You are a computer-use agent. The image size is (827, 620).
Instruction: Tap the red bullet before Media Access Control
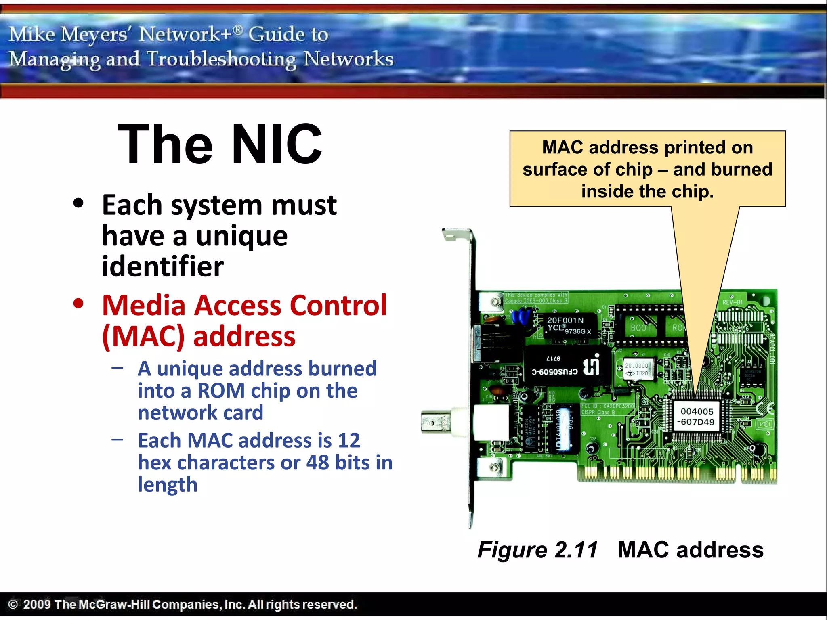78,304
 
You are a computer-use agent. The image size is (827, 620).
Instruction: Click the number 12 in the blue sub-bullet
349,440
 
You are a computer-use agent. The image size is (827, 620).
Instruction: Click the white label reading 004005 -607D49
697,417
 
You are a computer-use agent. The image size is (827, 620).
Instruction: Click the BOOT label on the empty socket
641,328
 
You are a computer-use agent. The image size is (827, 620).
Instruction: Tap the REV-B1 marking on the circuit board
733,302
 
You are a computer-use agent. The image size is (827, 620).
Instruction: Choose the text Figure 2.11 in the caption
537,550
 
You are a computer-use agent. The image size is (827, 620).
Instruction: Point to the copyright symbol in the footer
13,604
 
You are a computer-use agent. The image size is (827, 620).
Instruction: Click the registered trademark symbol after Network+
238,29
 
